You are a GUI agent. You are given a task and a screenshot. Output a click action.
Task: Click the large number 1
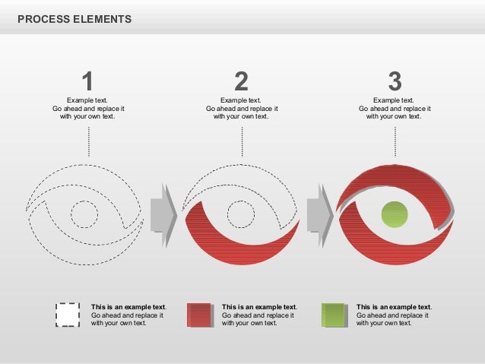(x=87, y=81)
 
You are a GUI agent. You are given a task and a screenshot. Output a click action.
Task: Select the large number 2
(x=241, y=81)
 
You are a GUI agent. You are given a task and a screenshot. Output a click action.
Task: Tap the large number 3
(x=394, y=81)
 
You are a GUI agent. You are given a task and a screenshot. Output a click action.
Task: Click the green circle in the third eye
(x=395, y=214)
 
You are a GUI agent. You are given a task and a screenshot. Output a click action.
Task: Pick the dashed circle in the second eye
(x=241, y=214)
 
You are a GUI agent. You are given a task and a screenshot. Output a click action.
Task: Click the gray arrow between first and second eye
(x=163, y=208)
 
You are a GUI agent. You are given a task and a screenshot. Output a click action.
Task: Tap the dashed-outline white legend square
(x=68, y=314)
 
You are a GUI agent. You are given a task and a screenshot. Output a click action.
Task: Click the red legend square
(x=199, y=314)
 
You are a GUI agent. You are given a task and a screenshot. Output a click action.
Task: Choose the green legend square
(x=333, y=314)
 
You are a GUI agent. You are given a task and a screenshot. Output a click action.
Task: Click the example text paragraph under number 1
(x=88, y=108)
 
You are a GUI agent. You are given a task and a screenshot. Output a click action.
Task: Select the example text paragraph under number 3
(x=394, y=108)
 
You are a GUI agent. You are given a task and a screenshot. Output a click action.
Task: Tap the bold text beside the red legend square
(x=258, y=307)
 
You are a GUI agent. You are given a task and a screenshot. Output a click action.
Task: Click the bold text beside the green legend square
(x=394, y=307)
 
